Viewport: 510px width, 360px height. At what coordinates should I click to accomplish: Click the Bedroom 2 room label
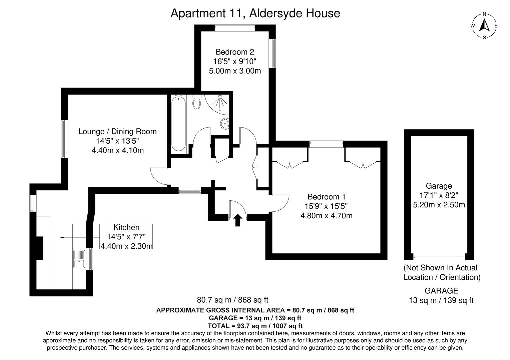coord(234,52)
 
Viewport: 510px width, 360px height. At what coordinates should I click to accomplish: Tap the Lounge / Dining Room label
coord(117,131)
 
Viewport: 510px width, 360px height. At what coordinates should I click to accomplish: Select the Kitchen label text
coord(126,228)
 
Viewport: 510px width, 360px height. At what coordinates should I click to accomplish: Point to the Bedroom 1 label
coord(326,197)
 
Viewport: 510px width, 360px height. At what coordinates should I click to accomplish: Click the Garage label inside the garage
coord(439,186)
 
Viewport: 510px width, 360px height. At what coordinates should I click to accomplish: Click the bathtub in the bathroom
coord(178,123)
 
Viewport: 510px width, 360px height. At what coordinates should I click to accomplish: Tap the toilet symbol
coord(197,101)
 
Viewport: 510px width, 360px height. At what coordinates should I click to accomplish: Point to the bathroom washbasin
coord(225,124)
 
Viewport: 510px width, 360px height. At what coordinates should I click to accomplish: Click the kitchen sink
coord(79,259)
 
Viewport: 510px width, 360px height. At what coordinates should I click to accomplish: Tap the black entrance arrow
coord(237,220)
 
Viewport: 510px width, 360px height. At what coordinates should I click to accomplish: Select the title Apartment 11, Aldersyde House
coord(255,13)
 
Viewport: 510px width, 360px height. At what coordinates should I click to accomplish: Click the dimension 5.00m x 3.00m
coord(234,71)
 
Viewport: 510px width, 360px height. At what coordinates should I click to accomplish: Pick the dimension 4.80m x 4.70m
coord(326,216)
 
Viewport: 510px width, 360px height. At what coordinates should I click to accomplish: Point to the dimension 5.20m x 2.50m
coord(439,205)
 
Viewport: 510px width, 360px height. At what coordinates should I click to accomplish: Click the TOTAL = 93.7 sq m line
coord(255,326)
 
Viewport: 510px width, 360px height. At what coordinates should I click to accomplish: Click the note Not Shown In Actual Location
coord(441,272)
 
